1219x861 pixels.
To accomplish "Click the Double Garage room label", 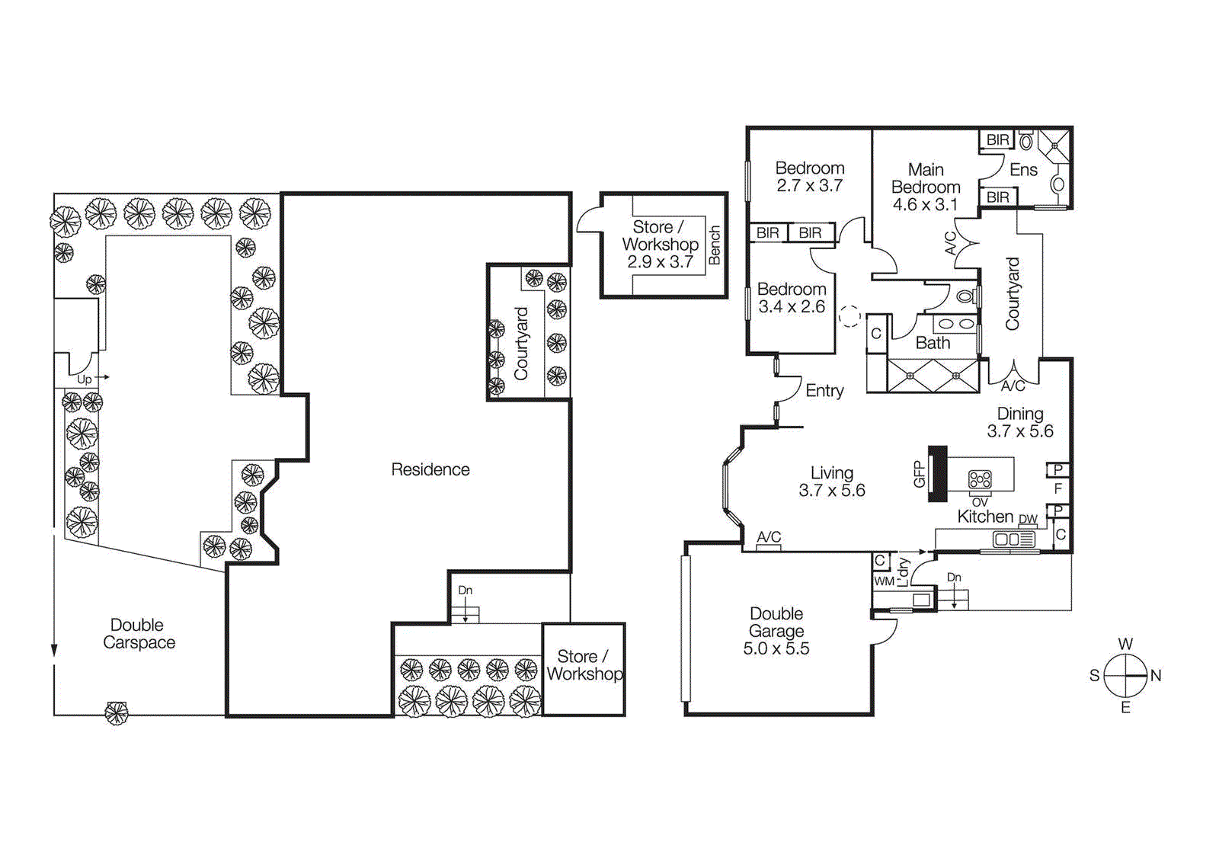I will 776,623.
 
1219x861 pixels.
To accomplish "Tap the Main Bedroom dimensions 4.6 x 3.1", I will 925,205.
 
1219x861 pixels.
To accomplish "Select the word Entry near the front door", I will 824,391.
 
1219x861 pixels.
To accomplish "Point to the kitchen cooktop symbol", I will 980,479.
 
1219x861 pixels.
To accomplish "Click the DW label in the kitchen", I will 1028,520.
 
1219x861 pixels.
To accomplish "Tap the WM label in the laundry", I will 884,581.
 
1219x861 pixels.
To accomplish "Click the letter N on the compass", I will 1156,676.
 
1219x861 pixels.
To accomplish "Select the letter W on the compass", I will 1125,644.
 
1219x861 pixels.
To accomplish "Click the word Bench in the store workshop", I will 715,245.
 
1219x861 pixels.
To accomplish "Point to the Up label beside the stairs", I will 84,379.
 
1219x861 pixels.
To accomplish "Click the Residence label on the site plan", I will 430,469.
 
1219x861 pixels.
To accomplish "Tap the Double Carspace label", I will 139,634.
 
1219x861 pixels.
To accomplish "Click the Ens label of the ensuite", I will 1023,170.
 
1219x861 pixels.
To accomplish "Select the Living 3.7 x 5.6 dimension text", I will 832,491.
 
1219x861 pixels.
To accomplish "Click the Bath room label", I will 933,344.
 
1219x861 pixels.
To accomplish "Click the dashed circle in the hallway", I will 849,315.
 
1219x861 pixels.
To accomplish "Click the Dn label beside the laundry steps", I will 954,578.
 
